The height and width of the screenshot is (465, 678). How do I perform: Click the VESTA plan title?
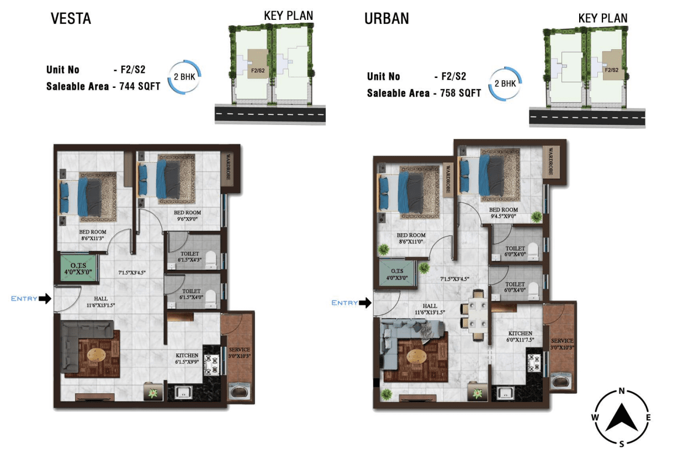[x=71, y=18]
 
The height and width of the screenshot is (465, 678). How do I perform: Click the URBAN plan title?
[x=386, y=18]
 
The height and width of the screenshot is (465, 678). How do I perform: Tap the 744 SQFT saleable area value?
[x=140, y=86]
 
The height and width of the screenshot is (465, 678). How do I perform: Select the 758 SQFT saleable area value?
[x=460, y=93]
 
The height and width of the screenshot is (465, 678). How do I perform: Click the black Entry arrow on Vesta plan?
[x=45, y=299]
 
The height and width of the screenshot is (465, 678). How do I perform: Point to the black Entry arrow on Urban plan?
[x=366, y=303]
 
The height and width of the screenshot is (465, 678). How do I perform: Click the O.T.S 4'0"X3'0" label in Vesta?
[x=78, y=268]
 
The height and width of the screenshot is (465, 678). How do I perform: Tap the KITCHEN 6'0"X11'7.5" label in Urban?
[x=520, y=336]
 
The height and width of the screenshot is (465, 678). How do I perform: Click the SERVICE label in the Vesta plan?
[x=239, y=350]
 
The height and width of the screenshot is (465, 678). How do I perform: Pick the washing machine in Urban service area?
[x=561, y=382]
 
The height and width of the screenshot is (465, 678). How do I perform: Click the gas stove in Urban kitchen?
[x=534, y=363]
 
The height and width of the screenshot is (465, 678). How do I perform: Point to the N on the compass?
[x=621, y=391]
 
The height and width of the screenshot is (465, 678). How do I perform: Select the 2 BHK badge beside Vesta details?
[x=184, y=77]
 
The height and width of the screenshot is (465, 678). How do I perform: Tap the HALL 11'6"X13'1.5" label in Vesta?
[x=100, y=302]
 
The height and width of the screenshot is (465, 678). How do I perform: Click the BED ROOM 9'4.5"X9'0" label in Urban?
[x=504, y=213]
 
